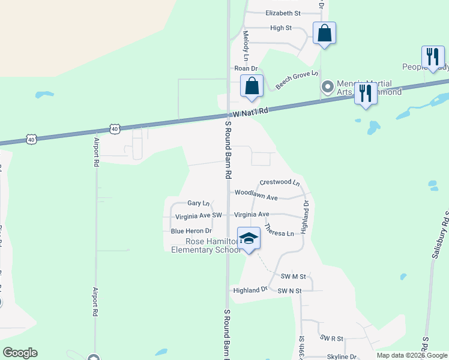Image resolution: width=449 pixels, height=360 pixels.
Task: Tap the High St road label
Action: [281, 28]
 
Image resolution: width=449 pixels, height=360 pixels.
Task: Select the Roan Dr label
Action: [246, 69]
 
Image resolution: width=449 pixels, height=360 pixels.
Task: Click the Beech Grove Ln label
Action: [297, 80]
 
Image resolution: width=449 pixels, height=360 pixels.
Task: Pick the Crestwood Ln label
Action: [279, 182]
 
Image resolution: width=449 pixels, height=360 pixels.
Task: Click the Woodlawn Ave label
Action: [256, 197]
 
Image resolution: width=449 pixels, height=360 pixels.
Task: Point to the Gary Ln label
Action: [199, 203]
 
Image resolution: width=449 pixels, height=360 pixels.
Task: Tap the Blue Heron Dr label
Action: [191, 230]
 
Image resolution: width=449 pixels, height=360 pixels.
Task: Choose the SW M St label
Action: [294, 277]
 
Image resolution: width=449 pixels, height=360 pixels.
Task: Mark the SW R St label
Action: [331, 338]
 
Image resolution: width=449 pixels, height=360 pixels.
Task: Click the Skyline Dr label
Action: [342, 356]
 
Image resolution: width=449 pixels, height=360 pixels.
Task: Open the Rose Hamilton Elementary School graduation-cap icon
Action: [249, 239]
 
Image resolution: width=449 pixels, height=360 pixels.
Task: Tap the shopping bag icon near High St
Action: [324, 34]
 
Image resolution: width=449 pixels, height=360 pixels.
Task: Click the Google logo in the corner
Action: [20, 353]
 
